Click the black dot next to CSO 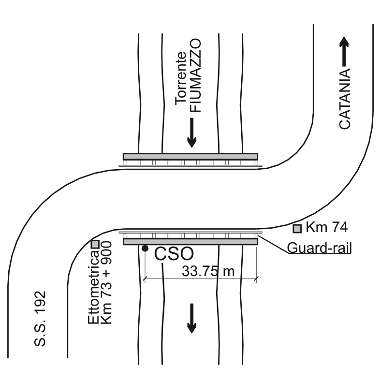pos(145,249)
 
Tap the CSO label pos(174,254)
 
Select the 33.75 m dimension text pos(208,271)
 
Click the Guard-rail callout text pos(319,248)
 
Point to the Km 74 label pos(326,227)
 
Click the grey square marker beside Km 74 pos(297,229)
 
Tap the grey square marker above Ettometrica pos(95,244)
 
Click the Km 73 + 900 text pos(106,282)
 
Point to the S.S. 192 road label pos(40,319)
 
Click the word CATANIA pos(345,99)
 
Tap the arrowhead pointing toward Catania pos(344,42)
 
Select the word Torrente pos(181,78)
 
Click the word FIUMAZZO pos(195,75)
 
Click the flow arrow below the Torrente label pos(192,132)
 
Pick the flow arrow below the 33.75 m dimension pos(192,318)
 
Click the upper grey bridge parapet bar pos(190,157)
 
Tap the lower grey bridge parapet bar pos(190,242)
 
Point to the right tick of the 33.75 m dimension pos(256,278)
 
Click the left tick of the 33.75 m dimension pos(145,278)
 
